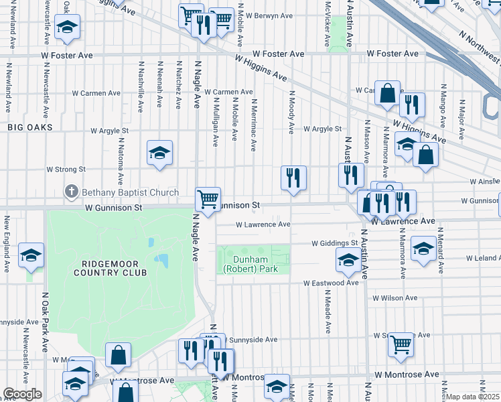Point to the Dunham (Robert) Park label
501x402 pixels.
[x=255, y=264]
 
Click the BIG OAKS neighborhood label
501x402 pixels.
[x=29, y=127]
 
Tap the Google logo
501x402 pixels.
[x=22, y=394]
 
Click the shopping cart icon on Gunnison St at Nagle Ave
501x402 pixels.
[x=208, y=198]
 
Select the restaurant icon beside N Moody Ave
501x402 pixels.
[x=293, y=178]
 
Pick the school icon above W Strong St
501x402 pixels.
[x=160, y=153]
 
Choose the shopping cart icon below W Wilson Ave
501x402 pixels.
[x=401, y=344]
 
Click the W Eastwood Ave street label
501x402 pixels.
[x=331, y=283]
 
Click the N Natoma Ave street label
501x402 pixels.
[x=121, y=161]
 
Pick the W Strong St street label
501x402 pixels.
[x=66, y=170]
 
